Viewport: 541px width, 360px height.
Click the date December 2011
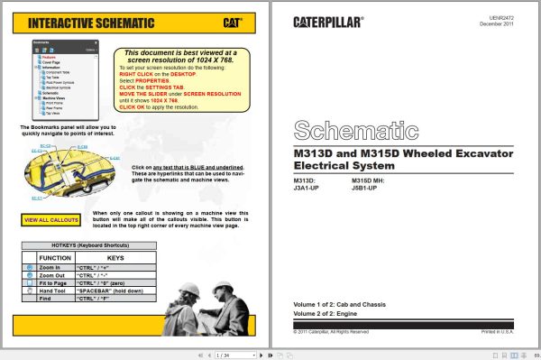tap(500, 24)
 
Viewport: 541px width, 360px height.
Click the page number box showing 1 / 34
tap(228, 355)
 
